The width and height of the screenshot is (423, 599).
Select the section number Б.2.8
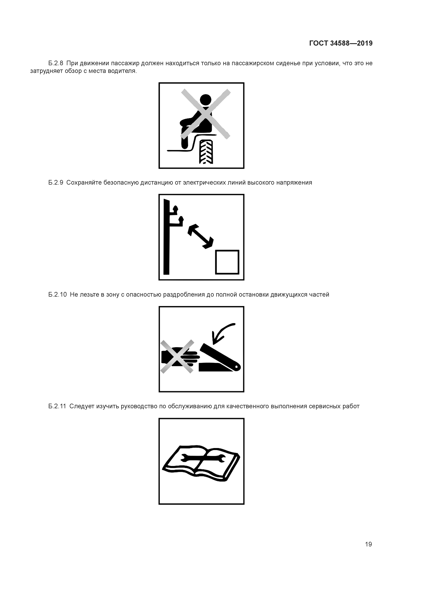click(56, 63)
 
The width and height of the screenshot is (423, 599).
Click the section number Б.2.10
click(57, 295)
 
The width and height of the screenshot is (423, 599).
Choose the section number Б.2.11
click(57, 406)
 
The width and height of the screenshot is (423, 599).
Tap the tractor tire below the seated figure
click(206, 152)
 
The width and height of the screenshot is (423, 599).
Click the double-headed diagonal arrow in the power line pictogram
click(200, 236)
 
